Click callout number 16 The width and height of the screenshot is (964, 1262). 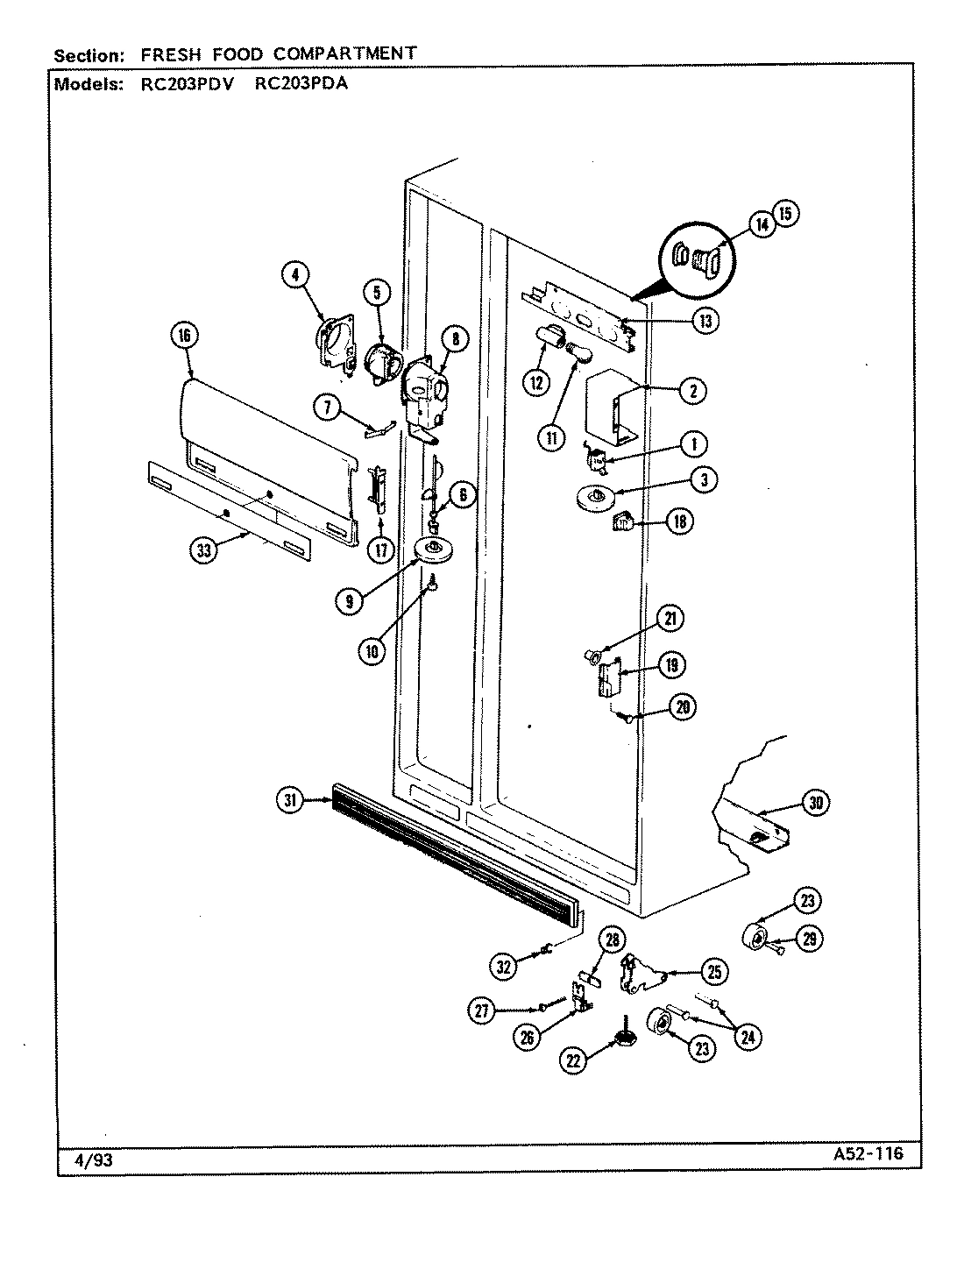[x=185, y=336]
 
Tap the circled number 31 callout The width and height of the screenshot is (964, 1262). [x=291, y=798]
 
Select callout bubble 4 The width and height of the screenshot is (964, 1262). [x=296, y=275]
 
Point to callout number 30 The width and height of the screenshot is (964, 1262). [x=816, y=802]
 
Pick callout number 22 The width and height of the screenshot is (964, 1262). [x=574, y=1060]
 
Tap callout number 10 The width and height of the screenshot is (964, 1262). [x=372, y=651]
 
